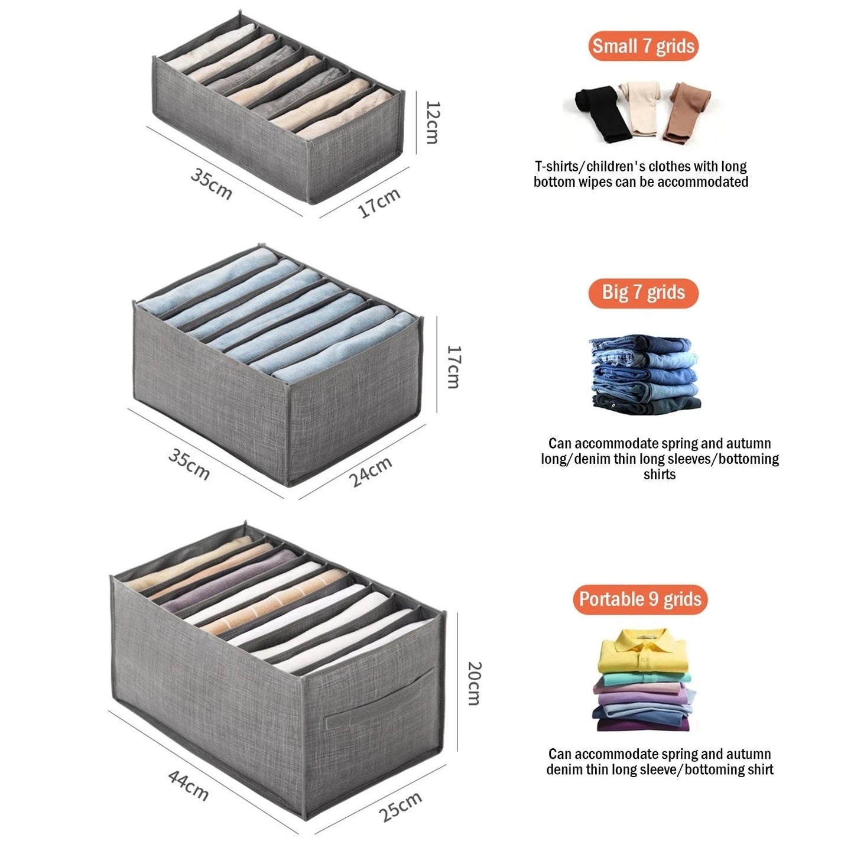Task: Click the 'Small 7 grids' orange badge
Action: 643,46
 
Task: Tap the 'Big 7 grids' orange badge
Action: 643,293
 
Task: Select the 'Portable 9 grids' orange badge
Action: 640,599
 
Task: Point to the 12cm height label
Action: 433,122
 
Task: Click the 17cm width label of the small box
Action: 379,202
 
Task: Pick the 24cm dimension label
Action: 371,472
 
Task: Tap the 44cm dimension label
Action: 188,784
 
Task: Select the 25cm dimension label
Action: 400,806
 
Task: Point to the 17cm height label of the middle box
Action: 453,367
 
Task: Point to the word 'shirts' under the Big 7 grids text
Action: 660,475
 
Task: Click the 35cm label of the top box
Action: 211,183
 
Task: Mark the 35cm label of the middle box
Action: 189,463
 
